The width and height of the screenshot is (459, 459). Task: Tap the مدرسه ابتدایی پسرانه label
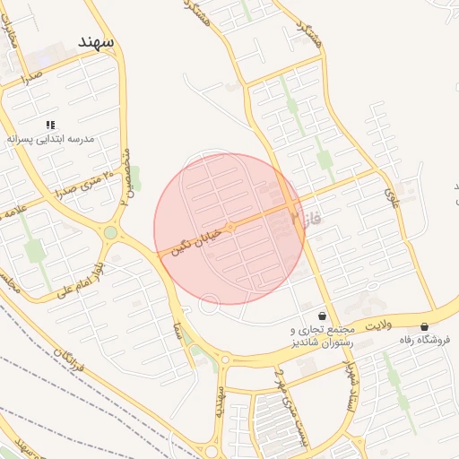(x=50, y=140)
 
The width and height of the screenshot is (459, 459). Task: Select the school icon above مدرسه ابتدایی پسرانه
(x=50, y=124)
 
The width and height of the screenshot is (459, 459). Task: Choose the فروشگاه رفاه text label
(x=426, y=342)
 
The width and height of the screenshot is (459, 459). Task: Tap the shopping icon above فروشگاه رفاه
(x=423, y=326)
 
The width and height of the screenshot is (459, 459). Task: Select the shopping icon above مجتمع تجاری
(x=322, y=316)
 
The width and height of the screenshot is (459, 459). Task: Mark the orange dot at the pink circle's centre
(x=229, y=228)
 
